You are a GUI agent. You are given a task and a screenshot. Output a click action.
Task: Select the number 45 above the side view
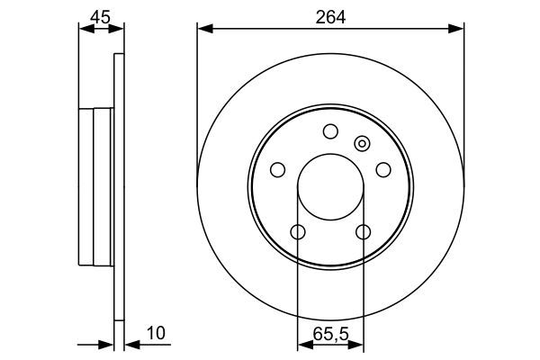point(101,14)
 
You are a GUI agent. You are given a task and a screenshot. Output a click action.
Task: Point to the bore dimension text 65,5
point(330,334)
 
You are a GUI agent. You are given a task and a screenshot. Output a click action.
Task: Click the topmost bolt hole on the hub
point(330,130)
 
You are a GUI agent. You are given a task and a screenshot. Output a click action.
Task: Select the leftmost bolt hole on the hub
point(278,169)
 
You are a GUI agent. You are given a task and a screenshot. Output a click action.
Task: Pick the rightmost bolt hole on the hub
point(383,169)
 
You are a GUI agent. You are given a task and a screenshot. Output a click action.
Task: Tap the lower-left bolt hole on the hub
point(298,232)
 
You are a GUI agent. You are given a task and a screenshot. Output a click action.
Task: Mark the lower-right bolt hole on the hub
point(363,232)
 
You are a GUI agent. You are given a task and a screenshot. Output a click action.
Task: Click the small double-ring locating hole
point(363,142)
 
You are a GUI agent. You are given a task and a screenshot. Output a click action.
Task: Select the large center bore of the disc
point(330,186)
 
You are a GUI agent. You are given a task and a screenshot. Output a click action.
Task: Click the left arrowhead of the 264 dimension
point(203,30)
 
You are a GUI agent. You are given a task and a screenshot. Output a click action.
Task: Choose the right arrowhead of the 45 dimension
point(117,30)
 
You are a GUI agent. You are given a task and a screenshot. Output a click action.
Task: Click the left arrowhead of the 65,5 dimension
point(303,344)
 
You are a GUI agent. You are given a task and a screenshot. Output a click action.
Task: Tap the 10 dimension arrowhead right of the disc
point(129,344)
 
